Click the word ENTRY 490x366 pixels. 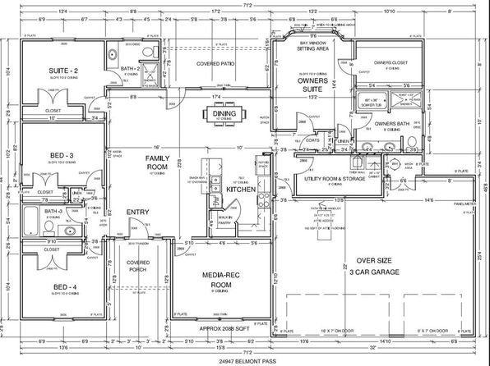coord(137,213)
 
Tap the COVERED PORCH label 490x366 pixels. coord(138,267)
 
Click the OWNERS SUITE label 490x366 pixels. coord(312,85)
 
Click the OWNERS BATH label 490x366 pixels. coord(391,124)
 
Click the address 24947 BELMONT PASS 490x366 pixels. coord(244,359)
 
